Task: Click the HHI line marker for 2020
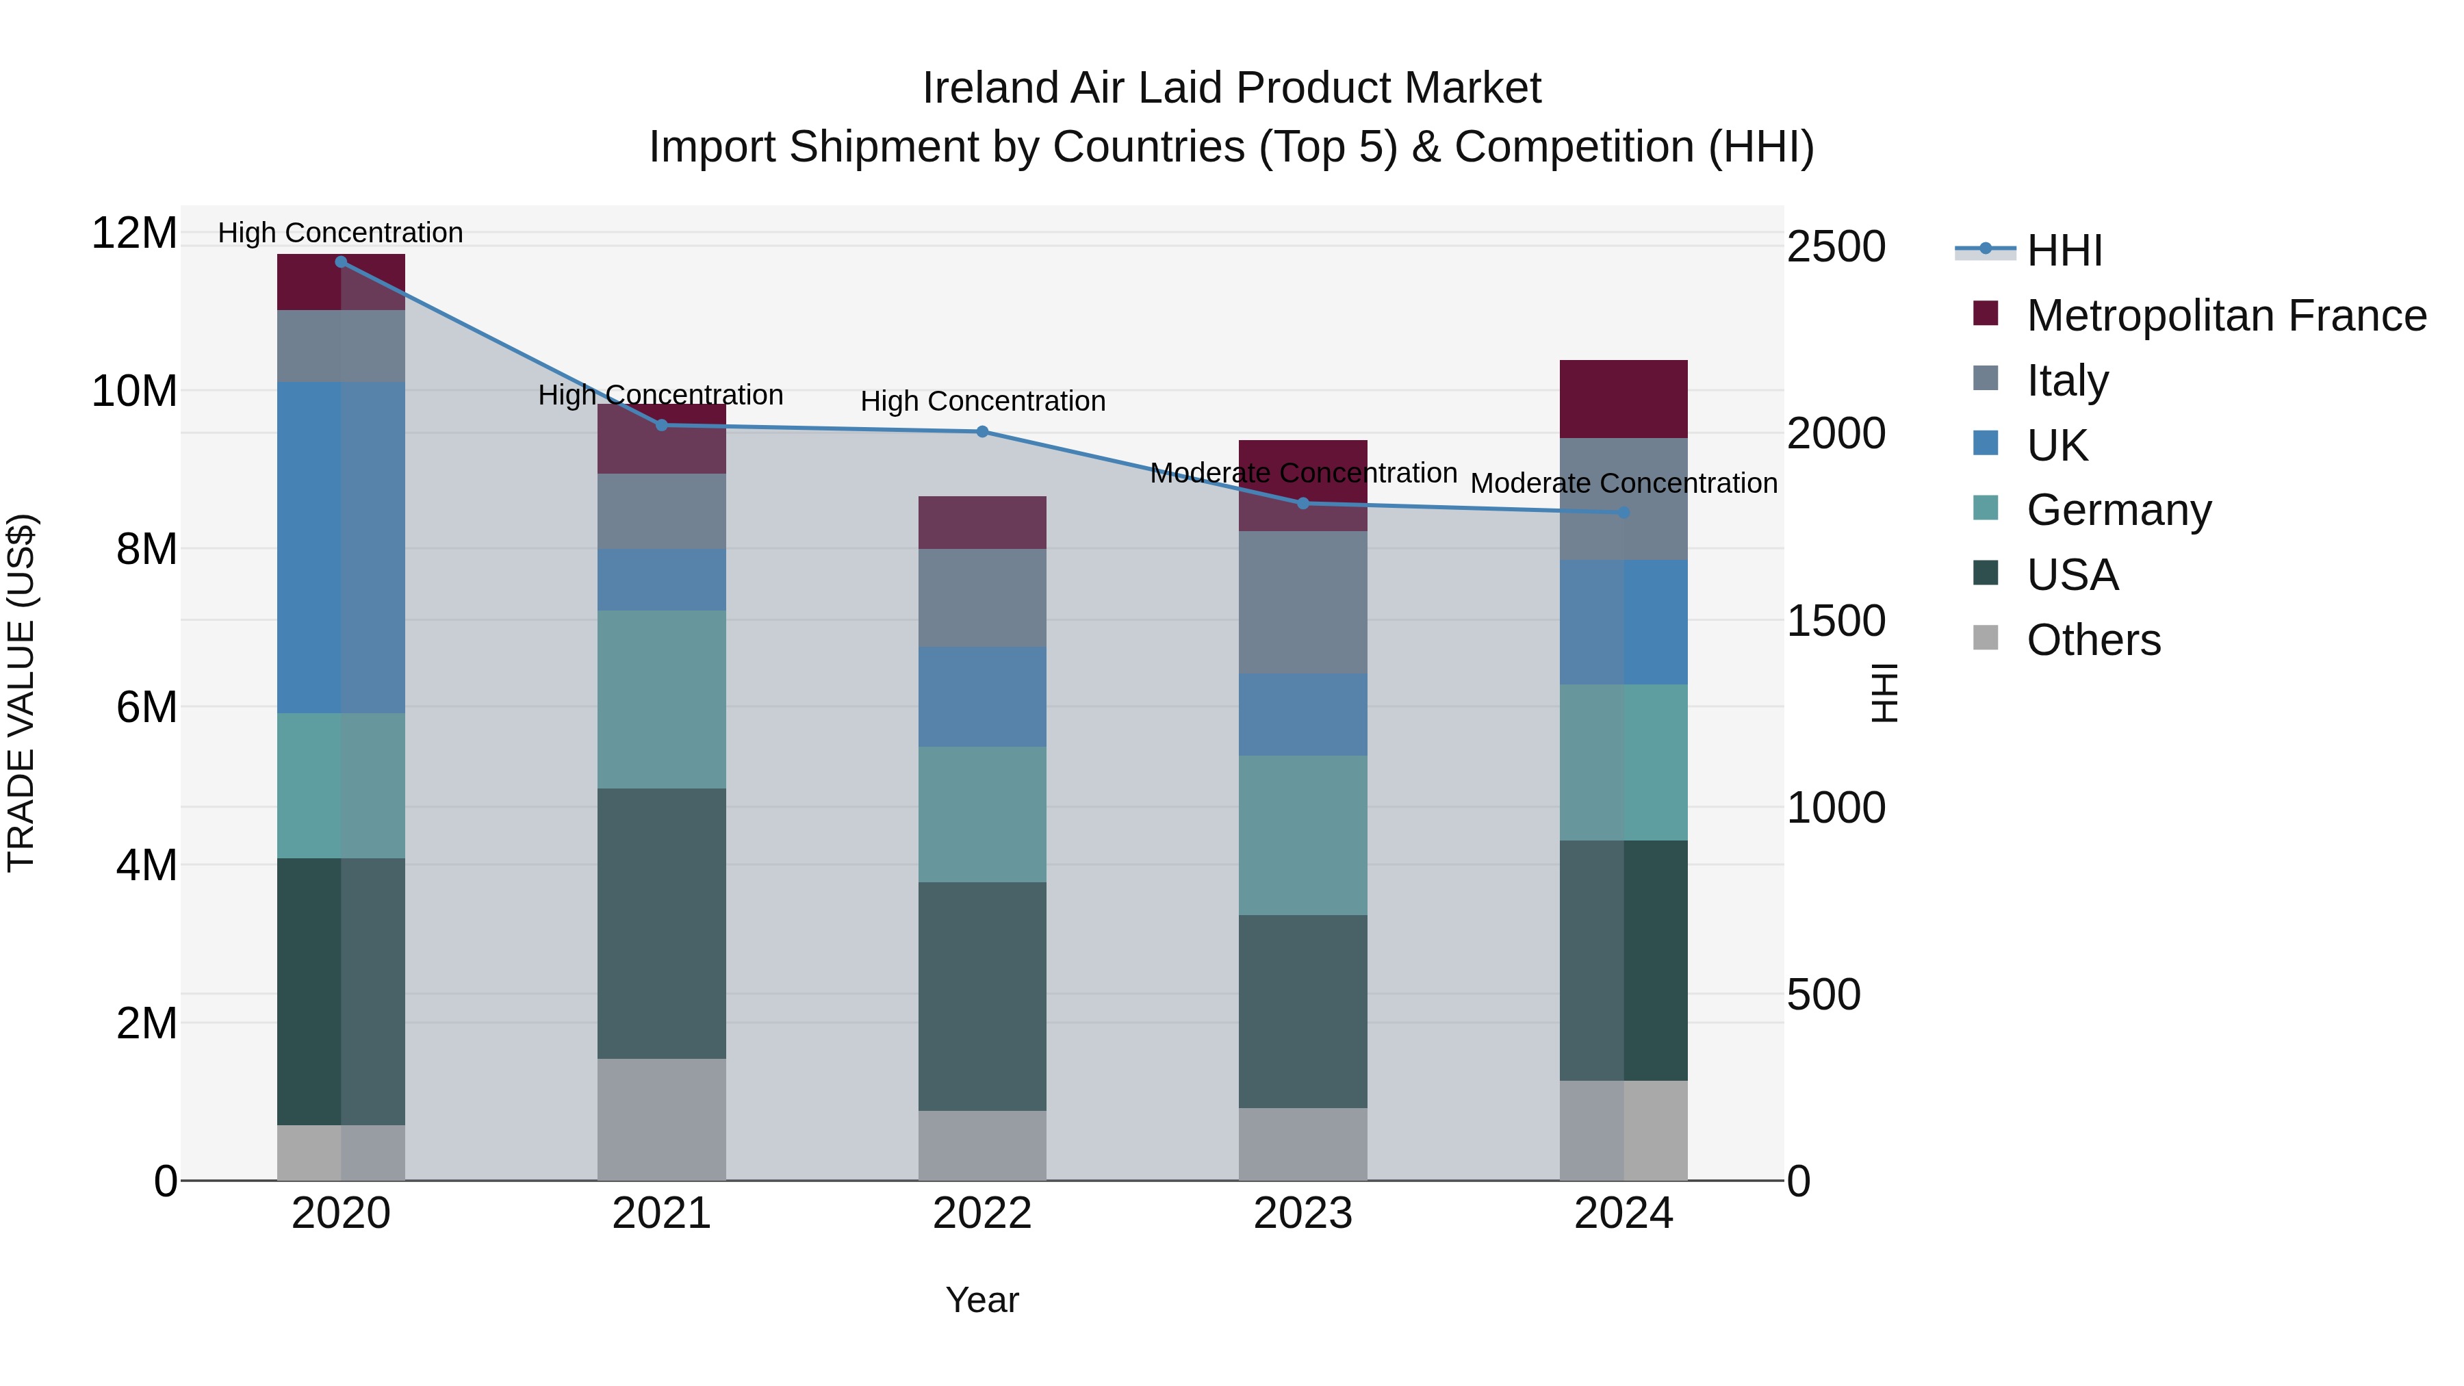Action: pyautogui.click(x=341, y=262)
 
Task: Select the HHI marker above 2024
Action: pyautogui.click(x=1624, y=513)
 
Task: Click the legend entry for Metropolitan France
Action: pyautogui.click(x=2226, y=316)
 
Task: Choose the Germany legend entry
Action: pyautogui.click(x=2118, y=510)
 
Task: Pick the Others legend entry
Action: pyautogui.click(x=2093, y=640)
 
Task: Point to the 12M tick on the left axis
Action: pyautogui.click(x=134, y=233)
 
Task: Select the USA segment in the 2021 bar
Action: pyautogui.click(x=661, y=923)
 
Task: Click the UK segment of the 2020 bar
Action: pyautogui.click(x=341, y=547)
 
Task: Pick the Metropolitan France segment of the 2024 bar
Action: pyautogui.click(x=1624, y=399)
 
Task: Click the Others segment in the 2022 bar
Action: pyautogui.click(x=982, y=1145)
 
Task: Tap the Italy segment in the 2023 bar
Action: pyautogui.click(x=1302, y=602)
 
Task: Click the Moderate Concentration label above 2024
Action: pyautogui.click(x=1624, y=484)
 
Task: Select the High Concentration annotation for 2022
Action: pyautogui.click(x=982, y=402)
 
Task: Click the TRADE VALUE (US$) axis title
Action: pyautogui.click(x=21, y=693)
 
